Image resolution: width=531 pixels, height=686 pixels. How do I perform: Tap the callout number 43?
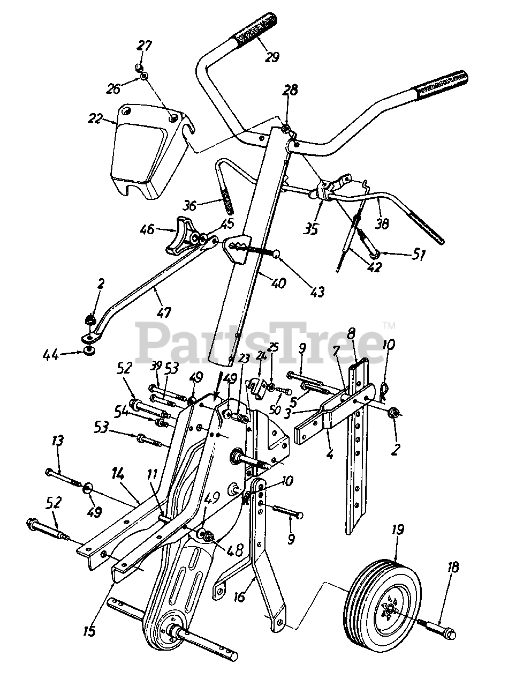pos(317,291)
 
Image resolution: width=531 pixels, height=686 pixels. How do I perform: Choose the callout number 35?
pos(310,228)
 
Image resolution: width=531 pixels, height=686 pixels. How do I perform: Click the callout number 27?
pos(143,47)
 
